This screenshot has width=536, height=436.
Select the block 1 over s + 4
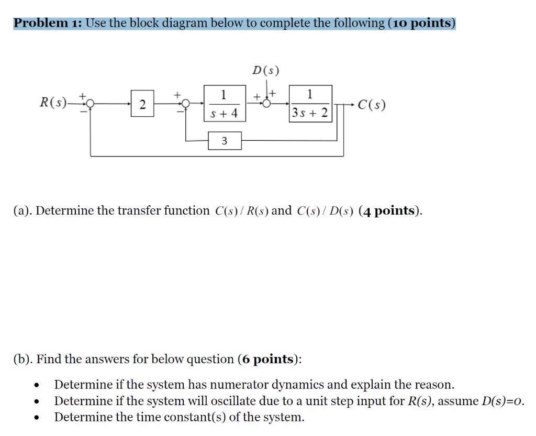tap(224, 104)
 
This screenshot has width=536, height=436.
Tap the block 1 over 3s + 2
tap(310, 104)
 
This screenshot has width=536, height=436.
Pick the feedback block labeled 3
tap(225, 141)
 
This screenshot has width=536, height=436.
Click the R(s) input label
tap(53, 103)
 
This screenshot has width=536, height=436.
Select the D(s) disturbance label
tap(266, 70)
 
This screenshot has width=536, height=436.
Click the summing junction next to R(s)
tap(91, 104)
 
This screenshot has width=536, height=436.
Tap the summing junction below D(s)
tap(267, 104)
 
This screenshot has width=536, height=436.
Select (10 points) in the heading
tap(422, 23)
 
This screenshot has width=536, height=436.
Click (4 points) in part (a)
tap(390, 211)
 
